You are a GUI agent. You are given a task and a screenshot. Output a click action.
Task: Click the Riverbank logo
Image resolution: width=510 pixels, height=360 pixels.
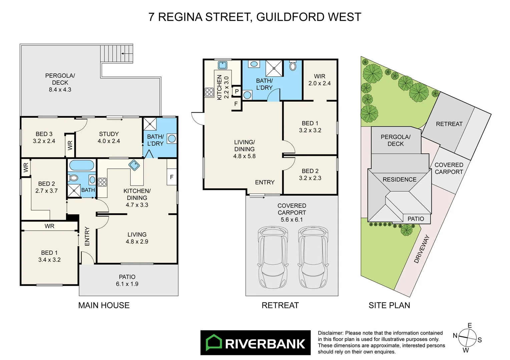click(255, 343)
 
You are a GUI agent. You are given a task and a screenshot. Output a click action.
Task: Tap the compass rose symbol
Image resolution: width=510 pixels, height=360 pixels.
click(467, 338)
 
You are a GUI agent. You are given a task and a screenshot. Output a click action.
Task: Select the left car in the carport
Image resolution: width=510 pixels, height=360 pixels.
click(273, 257)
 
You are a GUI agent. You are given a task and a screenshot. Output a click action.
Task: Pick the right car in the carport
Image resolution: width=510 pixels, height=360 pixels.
click(313, 257)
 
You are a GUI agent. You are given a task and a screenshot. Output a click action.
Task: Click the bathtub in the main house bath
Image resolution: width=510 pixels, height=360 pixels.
click(82, 165)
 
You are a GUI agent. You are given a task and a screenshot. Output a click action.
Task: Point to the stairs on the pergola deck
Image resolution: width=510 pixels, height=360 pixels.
click(117, 53)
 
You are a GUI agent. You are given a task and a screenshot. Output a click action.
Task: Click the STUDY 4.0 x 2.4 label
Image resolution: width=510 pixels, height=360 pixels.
click(109, 137)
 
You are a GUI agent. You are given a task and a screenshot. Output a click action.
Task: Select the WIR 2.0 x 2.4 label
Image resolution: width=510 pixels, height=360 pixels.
click(319, 80)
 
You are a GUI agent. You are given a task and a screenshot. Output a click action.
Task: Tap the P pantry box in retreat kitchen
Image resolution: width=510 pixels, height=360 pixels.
click(236, 91)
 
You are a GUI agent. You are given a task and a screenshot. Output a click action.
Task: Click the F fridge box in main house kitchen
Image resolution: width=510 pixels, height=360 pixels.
click(171, 177)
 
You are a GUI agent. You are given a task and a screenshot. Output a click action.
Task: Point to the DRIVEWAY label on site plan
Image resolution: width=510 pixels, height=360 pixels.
click(422, 249)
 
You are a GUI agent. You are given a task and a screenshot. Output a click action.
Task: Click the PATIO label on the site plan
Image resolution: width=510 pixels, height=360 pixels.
click(416, 219)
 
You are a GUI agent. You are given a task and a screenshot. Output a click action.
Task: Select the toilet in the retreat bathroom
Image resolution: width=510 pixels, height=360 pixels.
click(293, 66)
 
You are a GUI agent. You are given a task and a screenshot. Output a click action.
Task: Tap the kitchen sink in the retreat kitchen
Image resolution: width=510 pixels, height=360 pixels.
click(222, 65)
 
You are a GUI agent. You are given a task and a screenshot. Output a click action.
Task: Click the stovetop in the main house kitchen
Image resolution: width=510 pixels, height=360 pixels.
click(102, 182)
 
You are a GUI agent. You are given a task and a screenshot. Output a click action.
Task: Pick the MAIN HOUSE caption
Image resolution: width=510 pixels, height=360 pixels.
click(104, 305)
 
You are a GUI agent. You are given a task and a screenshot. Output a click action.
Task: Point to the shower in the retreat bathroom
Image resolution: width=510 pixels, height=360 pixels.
click(274, 68)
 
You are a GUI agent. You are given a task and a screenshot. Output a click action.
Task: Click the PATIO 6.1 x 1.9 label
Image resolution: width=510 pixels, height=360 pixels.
click(127, 280)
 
